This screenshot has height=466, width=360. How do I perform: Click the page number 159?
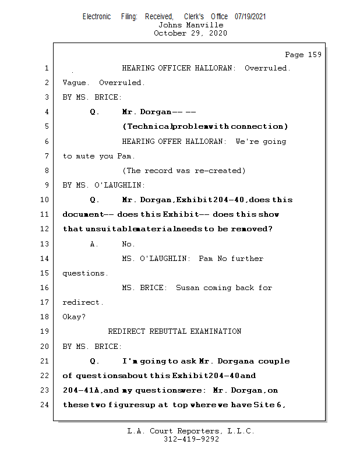314,55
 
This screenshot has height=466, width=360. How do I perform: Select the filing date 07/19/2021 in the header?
250,16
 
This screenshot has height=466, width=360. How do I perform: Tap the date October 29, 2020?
190,33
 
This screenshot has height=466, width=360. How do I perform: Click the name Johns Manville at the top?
190,25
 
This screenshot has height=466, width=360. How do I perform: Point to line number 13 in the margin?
45,244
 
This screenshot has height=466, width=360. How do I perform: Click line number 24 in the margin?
45,405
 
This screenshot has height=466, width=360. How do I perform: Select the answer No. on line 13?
128,244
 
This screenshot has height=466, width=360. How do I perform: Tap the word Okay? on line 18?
74,317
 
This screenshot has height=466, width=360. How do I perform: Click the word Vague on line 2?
75,83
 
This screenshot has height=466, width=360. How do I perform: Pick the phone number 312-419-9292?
190,440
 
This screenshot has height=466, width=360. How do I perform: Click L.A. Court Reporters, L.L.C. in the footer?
190,432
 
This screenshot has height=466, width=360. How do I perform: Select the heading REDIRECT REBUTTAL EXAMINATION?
175,332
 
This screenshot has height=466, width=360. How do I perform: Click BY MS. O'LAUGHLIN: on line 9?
104,185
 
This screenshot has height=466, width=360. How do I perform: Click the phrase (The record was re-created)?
183,171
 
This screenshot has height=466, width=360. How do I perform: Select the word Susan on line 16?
187,288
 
